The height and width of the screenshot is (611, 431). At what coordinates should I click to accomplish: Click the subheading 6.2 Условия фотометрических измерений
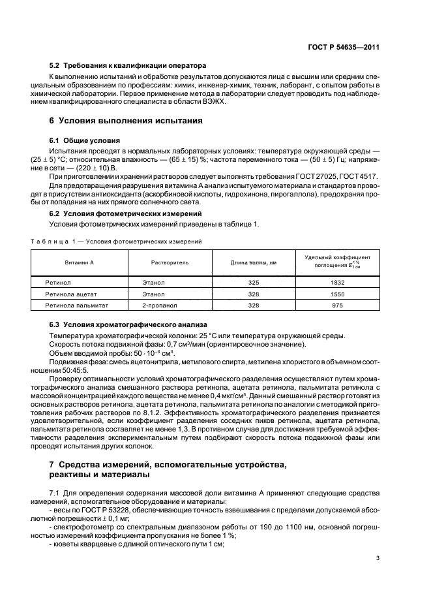pos(123,214)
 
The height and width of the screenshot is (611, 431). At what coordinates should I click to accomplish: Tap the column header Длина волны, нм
pos(254,262)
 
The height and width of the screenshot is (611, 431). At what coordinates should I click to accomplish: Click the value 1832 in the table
pos(338,283)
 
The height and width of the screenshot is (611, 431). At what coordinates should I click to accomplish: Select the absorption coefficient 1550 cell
pos(338,294)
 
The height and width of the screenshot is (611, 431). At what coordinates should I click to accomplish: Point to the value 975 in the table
pos(338,305)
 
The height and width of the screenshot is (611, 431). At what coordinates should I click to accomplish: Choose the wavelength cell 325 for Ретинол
pos(254,283)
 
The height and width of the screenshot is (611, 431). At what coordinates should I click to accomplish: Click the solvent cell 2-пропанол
pos(158,305)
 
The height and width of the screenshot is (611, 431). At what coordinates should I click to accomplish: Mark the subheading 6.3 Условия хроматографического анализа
pos(128,325)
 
